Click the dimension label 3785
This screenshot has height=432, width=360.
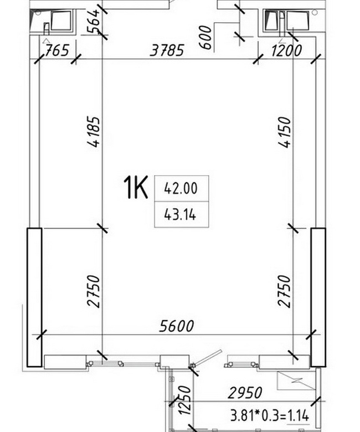[167, 50]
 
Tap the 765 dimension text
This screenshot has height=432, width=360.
[56, 50]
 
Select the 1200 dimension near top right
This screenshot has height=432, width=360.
[286, 50]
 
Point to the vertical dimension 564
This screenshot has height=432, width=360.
[93, 22]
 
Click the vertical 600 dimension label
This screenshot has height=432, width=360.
[205, 37]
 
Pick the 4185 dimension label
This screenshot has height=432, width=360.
[93, 132]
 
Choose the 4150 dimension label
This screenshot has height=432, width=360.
[284, 132]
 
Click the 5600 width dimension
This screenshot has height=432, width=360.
[177, 326]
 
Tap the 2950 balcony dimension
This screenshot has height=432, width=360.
[245, 393]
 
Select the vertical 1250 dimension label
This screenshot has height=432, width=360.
[184, 400]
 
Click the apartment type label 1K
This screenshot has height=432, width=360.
[135, 187]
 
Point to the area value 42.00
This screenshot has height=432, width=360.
[181, 188]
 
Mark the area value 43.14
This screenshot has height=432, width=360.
[180, 214]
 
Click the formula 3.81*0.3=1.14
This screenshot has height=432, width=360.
[270, 415]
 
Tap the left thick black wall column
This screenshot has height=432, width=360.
[34, 297]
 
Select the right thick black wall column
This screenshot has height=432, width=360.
[318, 297]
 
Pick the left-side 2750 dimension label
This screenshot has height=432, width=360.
[93, 291]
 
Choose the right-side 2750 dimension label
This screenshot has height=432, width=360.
[284, 291]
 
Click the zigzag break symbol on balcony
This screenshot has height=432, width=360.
[296, 380]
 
